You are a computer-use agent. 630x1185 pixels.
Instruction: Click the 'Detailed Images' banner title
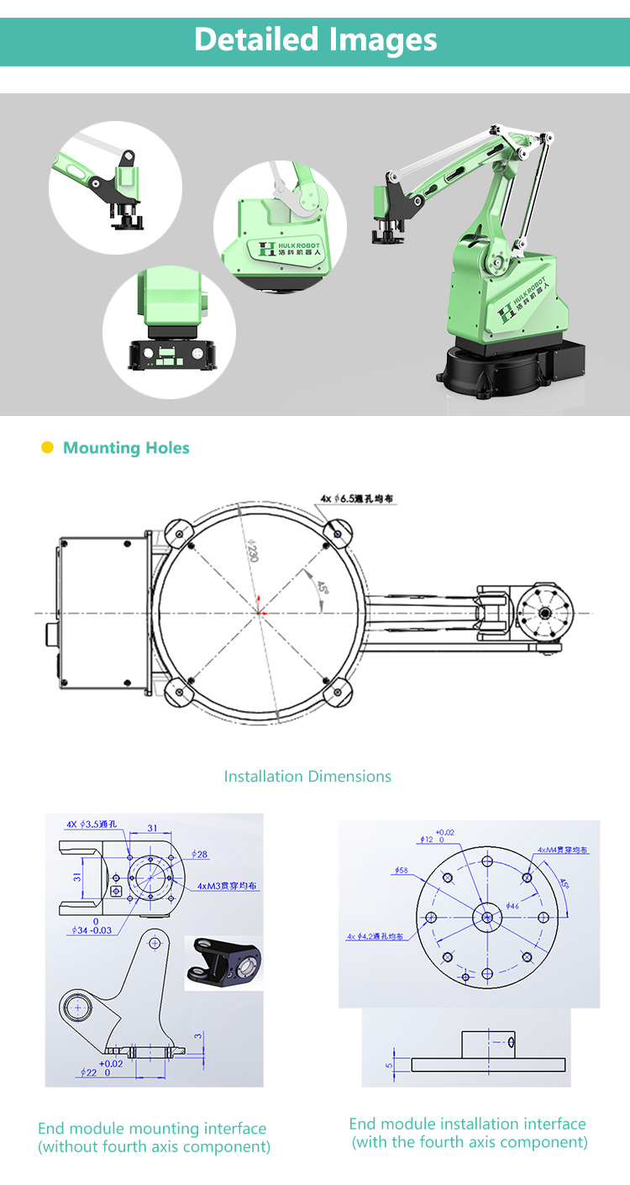pyautogui.click(x=315, y=39)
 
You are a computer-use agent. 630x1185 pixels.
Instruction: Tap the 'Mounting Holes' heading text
pyautogui.click(x=126, y=448)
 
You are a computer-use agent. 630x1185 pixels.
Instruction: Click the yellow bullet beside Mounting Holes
pyautogui.click(x=47, y=447)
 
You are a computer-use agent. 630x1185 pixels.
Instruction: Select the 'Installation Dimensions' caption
pyautogui.click(x=307, y=777)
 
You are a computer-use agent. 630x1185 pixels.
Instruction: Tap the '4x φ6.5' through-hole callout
pyautogui.click(x=357, y=499)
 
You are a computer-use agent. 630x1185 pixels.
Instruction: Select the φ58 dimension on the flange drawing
pyautogui.click(x=401, y=871)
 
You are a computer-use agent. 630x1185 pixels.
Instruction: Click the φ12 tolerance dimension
pyautogui.click(x=432, y=838)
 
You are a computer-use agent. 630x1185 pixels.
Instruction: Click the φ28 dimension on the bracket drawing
pyautogui.click(x=199, y=854)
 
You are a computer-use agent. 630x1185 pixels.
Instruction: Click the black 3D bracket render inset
pyautogui.click(x=223, y=963)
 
